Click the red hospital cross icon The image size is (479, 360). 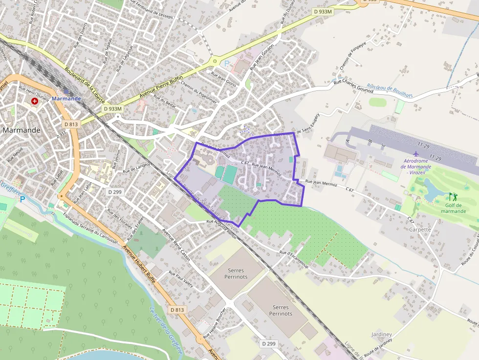pos(35,101)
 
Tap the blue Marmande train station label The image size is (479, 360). pos(66,98)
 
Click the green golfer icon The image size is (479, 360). pos(453,196)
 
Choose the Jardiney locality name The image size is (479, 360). pos(382,334)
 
